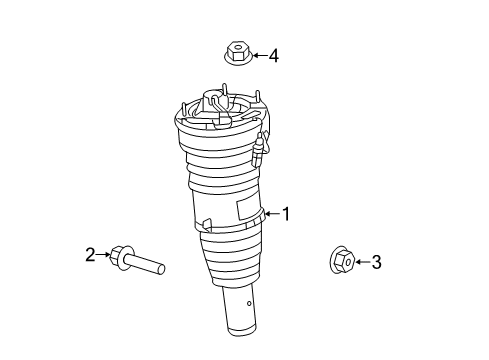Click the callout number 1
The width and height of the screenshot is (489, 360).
(x=286, y=214)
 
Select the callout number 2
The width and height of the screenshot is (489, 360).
(x=90, y=255)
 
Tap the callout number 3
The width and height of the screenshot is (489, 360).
(x=376, y=262)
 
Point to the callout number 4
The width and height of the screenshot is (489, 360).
(x=274, y=56)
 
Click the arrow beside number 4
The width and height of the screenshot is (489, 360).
(x=260, y=55)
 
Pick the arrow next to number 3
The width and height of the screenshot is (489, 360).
(x=362, y=262)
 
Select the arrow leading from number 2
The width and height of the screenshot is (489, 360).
(x=103, y=255)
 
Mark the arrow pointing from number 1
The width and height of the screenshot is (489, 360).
(x=273, y=214)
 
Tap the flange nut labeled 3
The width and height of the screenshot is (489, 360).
(x=341, y=260)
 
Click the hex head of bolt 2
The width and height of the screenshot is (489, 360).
(x=117, y=255)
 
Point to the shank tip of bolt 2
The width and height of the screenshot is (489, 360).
(x=161, y=269)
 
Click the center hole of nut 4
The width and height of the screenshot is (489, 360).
(x=238, y=46)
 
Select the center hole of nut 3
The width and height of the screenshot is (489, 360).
(x=348, y=263)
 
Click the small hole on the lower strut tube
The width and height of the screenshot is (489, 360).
(x=249, y=303)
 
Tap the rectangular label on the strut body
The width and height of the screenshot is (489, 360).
(x=249, y=209)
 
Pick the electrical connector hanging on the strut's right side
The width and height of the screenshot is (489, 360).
(x=259, y=149)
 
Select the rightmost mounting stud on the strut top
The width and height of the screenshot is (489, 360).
(x=257, y=97)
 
